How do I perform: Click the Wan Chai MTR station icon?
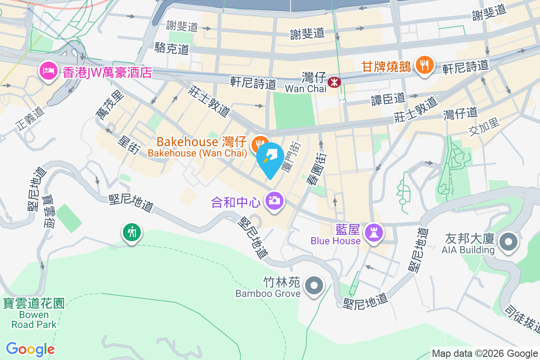tap(334, 82)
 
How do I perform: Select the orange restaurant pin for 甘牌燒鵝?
tap(424, 65)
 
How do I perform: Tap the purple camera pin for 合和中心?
tap(274, 200)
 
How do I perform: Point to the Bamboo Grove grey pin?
tap(314, 285)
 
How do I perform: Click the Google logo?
tap(30, 349)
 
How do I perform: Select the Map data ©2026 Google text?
tap(485, 354)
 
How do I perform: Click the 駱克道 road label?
tap(171, 48)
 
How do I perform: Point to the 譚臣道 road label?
tap(388, 98)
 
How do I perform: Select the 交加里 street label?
tap(484, 127)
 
